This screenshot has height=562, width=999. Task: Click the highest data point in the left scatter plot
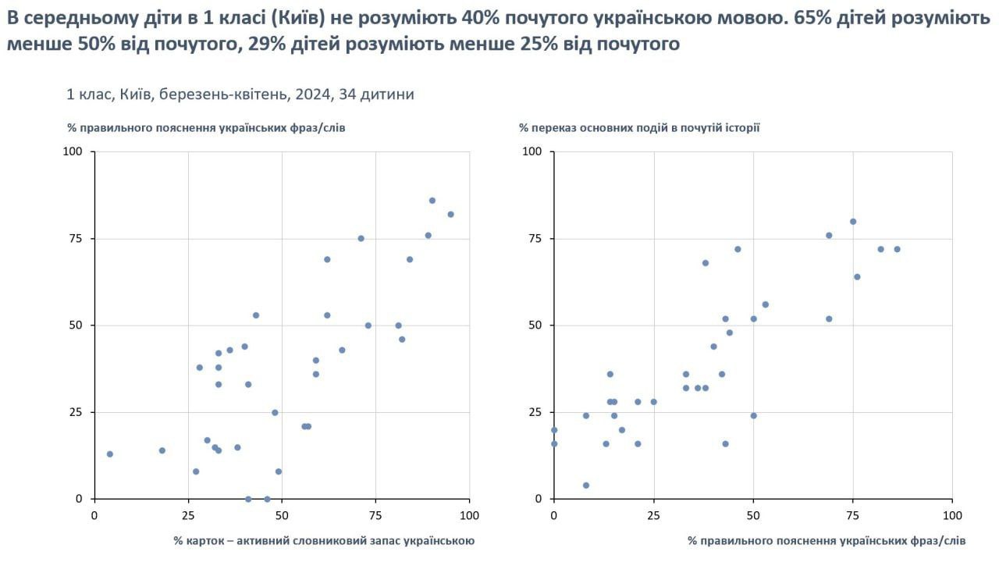pyautogui.click(x=432, y=201)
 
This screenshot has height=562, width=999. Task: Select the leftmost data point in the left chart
pyautogui.click(x=110, y=454)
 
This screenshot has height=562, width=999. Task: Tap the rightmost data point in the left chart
pyautogui.click(x=450, y=215)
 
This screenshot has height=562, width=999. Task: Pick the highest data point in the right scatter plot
pyautogui.click(x=853, y=222)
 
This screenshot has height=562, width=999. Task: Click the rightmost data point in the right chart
pyautogui.click(x=897, y=250)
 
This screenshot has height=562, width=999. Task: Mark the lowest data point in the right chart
pyautogui.click(x=586, y=486)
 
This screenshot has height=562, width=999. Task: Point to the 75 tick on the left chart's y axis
pyautogui.click(x=75, y=238)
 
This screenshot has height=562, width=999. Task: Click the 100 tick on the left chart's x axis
pyautogui.click(x=469, y=515)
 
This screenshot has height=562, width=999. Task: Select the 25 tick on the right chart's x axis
pyautogui.click(x=653, y=515)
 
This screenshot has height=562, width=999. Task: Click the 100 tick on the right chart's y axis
pyautogui.click(x=531, y=151)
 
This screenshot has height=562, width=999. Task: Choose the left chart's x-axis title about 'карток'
pyautogui.click(x=324, y=540)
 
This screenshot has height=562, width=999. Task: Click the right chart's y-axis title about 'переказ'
pyautogui.click(x=639, y=126)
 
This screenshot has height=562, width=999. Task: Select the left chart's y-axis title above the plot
pyautogui.click(x=206, y=126)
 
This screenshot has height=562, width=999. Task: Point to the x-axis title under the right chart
pyautogui.click(x=827, y=540)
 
